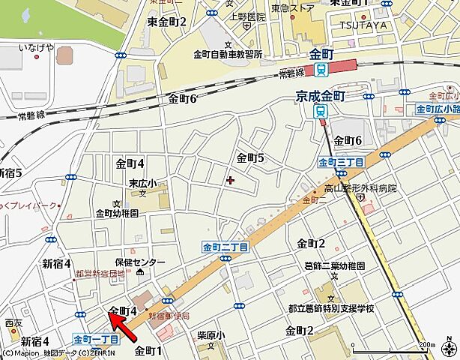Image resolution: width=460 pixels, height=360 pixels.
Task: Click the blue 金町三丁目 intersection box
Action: point(341,162)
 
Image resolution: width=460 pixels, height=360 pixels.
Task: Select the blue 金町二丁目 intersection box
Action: point(225,246)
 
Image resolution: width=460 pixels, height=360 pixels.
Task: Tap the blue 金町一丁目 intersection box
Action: point(97,339)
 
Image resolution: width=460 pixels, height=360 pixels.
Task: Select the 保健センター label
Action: point(140,262)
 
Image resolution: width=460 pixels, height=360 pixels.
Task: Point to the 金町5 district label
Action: point(251,157)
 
